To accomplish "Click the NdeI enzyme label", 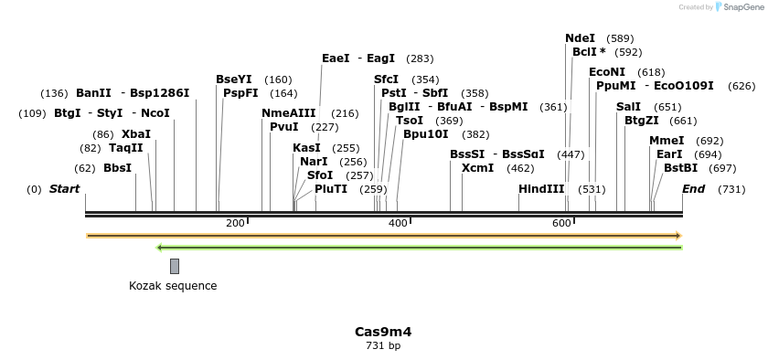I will point(580,38).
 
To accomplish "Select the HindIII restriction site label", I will point(541,189).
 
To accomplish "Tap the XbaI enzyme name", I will point(136,134).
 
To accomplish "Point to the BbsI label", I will point(117,168).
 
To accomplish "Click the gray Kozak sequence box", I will point(175,266).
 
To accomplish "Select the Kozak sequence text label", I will point(173,286).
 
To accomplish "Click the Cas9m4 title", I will point(383,332).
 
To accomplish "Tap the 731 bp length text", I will point(383,345).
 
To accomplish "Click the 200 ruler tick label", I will point(235,224).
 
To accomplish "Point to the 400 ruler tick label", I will point(398,224).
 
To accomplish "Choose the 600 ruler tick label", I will point(561,224).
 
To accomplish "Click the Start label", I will point(64,189).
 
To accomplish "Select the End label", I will point(694,189).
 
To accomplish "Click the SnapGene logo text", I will point(743,7).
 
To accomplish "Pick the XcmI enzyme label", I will point(477,168).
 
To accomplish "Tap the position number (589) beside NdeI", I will point(620,38).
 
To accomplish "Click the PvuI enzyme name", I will point(284,127).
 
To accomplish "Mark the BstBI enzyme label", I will point(681,168).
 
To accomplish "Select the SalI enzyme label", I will point(628,107).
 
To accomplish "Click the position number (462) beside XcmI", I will point(520,168).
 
